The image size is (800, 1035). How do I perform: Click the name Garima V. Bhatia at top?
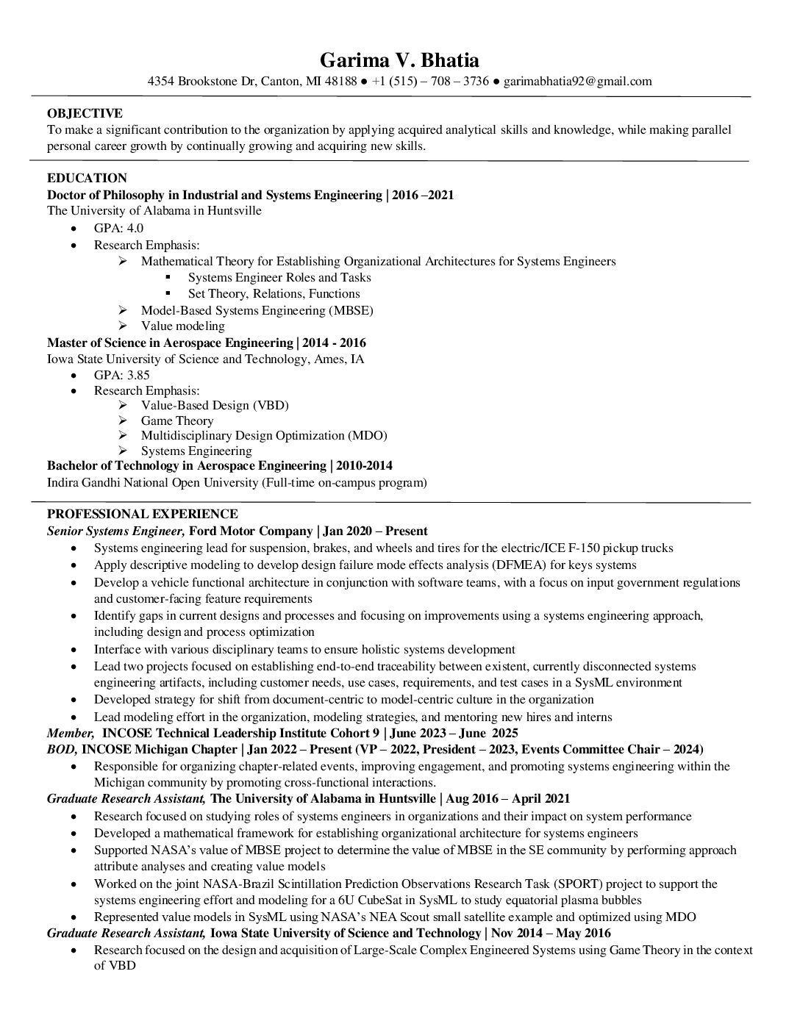click(x=399, y=60)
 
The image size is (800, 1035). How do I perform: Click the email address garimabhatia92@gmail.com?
click(x=577, y=82)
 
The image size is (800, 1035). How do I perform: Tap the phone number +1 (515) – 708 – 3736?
click(x=430, y=82)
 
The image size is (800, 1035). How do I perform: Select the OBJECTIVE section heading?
click(x=85, y=113)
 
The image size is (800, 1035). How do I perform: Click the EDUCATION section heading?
click(x=87, y=178)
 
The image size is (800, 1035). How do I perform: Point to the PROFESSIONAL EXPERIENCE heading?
click(x=142, y=514)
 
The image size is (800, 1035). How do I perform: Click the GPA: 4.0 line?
click(x=118, y=229)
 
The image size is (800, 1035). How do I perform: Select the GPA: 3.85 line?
click(x=121, y=375)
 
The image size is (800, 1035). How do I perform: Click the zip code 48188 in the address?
click(x=340, y=82)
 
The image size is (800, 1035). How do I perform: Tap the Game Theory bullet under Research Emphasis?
click(x=177, y=420)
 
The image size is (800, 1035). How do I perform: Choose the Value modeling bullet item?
click(x=183, y=326)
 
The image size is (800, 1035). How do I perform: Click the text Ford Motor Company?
click(x=251, y=531)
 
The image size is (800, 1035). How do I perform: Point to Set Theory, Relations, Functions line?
click(x=274, y=293)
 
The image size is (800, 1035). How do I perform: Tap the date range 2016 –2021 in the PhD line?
click(x=423, y=195)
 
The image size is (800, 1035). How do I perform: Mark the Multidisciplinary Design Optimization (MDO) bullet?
click(x=264, y=435)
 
